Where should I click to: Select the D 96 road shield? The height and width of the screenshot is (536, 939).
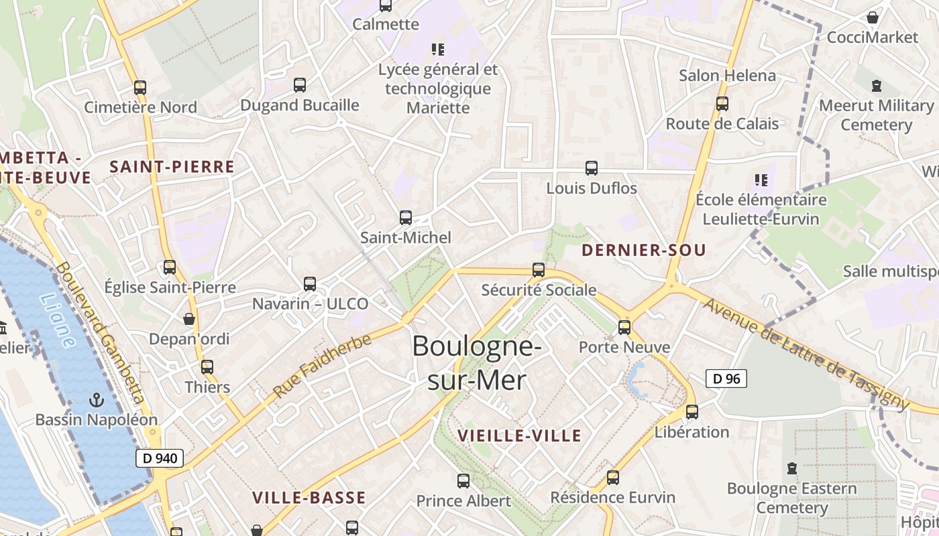tap(726, 379)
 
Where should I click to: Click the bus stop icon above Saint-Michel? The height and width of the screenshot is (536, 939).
tap(406, 217)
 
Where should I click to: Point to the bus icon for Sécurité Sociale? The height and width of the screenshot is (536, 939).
tap(539, 270)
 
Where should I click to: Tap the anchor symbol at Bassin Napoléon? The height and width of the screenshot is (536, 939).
tap(97, 400)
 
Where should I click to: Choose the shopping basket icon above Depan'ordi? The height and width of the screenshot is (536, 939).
tap(189, 319)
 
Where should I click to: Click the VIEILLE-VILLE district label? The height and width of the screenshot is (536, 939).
tap(519, 435)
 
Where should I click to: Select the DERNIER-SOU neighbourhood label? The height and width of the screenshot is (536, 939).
tap(644, 251)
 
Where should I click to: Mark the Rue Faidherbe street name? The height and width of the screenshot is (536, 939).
tap(322, 366)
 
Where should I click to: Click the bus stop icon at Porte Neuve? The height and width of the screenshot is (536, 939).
tap(624, 327)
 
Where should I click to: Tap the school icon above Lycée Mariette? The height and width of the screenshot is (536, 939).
tap(438, 49)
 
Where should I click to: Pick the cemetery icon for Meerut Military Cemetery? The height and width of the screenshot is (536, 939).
tap(876, 86)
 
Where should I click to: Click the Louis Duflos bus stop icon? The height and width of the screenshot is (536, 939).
tap(592, 168)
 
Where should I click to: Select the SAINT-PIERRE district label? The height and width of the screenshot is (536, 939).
tap(172, 167)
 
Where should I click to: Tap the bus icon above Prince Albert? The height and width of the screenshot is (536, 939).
tap(463, 480)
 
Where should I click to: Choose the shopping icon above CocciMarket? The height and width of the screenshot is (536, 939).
tap(873, 17)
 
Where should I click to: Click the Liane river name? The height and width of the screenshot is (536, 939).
tap(58, 321)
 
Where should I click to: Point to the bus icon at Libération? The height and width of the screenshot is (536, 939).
tap(692, 412)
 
